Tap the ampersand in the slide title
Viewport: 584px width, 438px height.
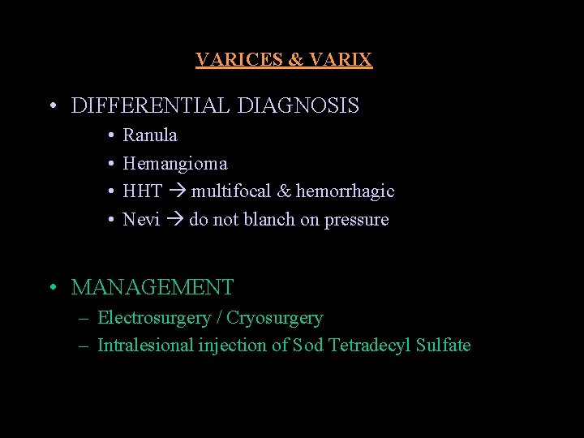tap(296, 60)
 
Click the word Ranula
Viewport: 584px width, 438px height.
tap(150, 135)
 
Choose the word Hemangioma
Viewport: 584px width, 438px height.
tap(175, 164)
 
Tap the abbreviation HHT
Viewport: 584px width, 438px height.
tap(143, 191)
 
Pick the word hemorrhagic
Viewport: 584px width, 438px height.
tap(345, 191)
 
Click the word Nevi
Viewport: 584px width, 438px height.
tap(141, 220)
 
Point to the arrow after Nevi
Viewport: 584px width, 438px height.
tap(174, 221)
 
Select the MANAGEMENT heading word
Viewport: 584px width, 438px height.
tap(152, 287)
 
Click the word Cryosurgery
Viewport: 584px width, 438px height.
tap(274, 318)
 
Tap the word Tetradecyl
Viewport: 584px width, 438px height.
tap(369, 346)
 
